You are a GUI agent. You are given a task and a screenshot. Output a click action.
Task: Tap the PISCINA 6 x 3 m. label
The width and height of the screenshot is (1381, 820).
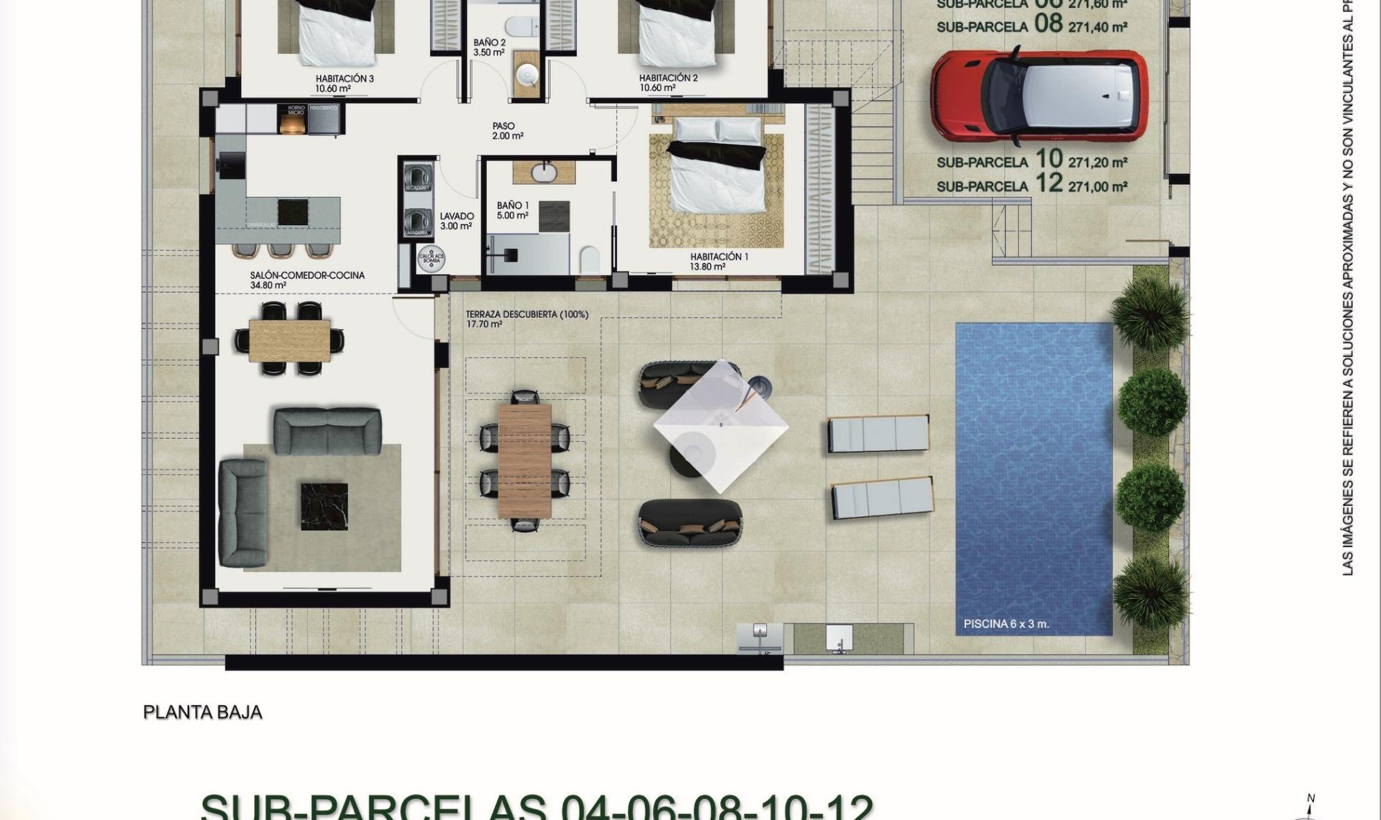coord(1006,624)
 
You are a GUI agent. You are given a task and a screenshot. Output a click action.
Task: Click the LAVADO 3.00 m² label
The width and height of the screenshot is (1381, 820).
coord(456,221)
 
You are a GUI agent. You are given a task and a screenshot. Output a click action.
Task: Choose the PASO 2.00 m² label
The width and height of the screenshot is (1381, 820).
coord(506,131)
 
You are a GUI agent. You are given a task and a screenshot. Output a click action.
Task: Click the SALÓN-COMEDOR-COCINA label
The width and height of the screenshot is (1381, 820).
coord(307,275)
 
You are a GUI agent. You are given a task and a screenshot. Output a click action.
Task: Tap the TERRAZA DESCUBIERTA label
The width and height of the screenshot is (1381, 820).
coord(527,314)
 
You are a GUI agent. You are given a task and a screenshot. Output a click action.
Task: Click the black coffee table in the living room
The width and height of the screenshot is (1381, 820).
coord(324,506)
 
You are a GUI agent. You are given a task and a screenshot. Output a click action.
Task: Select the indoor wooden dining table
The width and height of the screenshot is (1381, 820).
coord(290,340)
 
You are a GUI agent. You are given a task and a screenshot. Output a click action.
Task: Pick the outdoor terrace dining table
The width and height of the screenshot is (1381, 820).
coord(524,460)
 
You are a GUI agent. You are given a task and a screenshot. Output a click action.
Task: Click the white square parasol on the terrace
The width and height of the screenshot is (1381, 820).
coord(720,426)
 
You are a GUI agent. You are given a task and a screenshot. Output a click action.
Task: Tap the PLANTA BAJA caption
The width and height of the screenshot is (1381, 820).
coord(202,712)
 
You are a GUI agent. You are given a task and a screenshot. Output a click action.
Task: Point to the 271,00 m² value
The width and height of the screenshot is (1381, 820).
coord(1098,187)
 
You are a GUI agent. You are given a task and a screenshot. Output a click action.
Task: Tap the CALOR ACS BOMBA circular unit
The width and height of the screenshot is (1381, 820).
coord(431,259)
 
